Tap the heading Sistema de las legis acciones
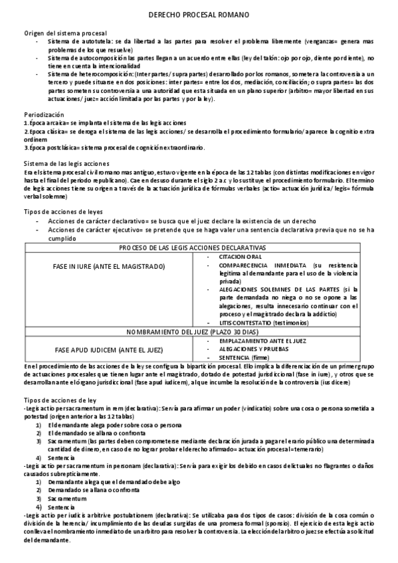[x=66, y=163]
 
